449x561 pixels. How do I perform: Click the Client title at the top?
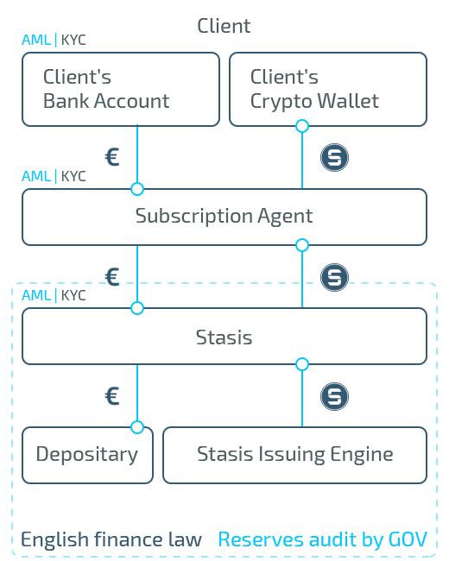[x=224, y=26]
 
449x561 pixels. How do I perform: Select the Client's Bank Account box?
[x=121, y=89]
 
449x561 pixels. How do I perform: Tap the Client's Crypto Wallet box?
[x=327, y=89]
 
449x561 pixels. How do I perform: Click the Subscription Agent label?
[x=224, y=216]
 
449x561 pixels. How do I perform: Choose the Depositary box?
[x=87, y=454]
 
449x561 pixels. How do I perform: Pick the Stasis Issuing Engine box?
[x=294, y=454]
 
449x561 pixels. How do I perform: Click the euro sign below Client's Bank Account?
[x=112, y=158]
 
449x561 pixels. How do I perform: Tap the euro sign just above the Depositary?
[x=112, y=396]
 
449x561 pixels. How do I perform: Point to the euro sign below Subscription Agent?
[x=112, y=277]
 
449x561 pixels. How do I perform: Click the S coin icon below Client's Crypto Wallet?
[x=334, y=158]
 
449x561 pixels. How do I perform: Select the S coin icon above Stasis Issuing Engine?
[x=334, y=396]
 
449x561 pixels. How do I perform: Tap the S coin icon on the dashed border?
[x=334, y=278]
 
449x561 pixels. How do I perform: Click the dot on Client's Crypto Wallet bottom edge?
[x=301, y=126]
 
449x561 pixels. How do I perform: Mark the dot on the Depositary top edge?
[x=136, y=427]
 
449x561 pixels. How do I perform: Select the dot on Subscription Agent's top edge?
[x=136, y=189]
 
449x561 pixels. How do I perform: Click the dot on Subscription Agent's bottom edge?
[x=301, y=245]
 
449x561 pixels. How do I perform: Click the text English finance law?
[x=111, y=540]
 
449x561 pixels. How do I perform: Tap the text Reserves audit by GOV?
[x=322, y=540]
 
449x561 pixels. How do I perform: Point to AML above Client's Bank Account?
[x=36, y=41]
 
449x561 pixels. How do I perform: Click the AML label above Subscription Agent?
[x=36, y=176]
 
